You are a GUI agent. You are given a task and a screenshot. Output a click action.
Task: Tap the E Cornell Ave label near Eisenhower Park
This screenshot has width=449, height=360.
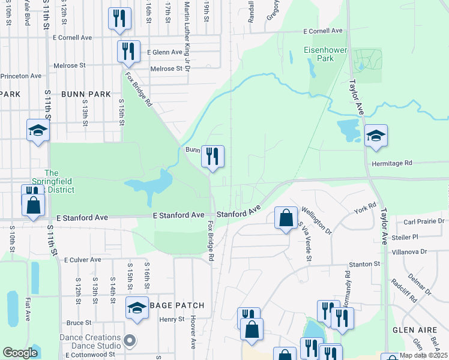click(x=322, y=31)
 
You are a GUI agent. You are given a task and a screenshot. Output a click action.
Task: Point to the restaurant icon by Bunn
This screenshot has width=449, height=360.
click(x=212, y=157)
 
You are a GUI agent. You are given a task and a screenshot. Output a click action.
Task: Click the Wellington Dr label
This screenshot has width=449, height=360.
click(x=316, y=219)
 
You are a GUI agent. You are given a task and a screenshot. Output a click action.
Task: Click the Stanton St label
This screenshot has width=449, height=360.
click(x=365, y=264)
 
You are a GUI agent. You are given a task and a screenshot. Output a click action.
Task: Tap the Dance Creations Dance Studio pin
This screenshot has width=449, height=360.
click(x=129, y=342)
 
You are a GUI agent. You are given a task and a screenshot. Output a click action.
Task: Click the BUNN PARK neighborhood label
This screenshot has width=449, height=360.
click(x=86, y=94)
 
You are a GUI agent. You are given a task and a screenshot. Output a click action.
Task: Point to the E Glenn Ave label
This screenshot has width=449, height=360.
click(x=164, y=52)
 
